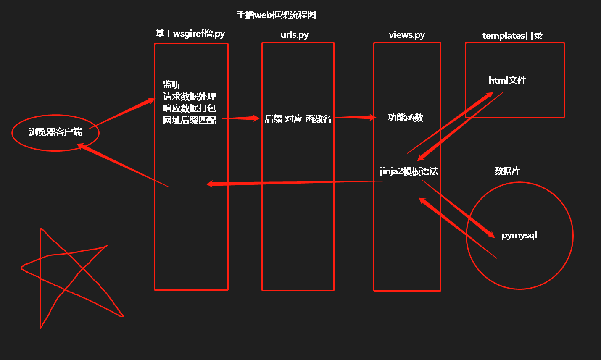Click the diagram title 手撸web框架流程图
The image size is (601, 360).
(x=276, y=15)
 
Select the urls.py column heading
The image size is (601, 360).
(x=295, y=35)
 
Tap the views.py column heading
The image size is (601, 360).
(x=407, y=35)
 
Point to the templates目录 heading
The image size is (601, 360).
(x=512, y=36)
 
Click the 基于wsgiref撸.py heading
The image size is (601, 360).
(x=190, y=34)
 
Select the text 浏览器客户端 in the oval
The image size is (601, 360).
(x=55, y=132)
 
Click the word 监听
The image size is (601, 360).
(x=172, y=84)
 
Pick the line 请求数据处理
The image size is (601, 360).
(x=190, y=97)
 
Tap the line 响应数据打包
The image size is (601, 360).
(x=190, y=108)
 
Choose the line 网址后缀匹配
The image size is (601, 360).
(x=190, y=120)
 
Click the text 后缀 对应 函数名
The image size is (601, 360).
(x=298, y=119)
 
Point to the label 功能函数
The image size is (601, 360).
(x=406, y=118)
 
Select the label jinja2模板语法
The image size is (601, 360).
(x=409, y=171)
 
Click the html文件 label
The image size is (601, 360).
(x=507, y=80)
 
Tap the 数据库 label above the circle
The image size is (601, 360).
(x=507, y=171)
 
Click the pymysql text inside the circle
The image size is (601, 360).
(x=519, y=235)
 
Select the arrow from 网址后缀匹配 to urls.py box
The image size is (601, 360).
(x=241, y=118)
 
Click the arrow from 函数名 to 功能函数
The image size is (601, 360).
(x=355, y=117)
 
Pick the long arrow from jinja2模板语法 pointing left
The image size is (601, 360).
(x=294, y=183)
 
